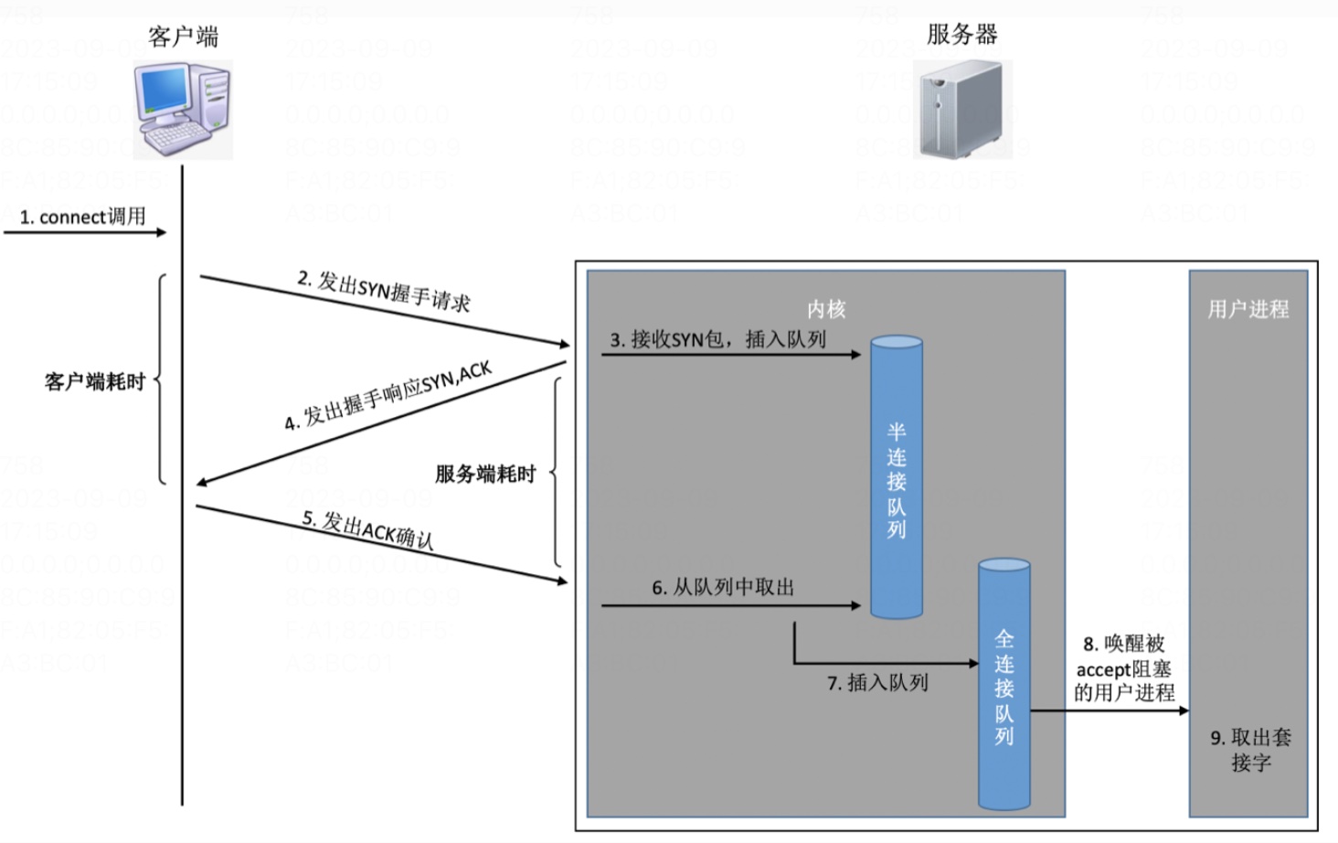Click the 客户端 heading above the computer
pyautogui.click(x=183, y=37)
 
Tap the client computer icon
pyautogui.click(x=183, y=110)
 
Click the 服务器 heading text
pyautogui.click(x=961, y=35)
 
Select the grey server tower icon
pyautogui.click(x=961, y=110)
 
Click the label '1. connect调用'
pyautogui.click(x=83, y=217)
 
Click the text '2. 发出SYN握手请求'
pyautogui.click(x=384, y=291)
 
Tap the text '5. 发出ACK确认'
pyautogui.click(x=368, y=529)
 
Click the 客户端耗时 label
pyautogui.click(x=95, y=381)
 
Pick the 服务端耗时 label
pyautogui.click(x=484, y=474)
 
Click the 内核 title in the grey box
pyautogui.click(x=826, y=309)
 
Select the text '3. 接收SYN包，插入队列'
pyautogui.click(x=718, y=339)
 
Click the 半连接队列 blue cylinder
pyautogui.click(x=896, y=478)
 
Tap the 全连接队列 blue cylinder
pyautogui.click(x=1003, y=686)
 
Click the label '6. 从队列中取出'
pyautogui.click(x=723, y=587)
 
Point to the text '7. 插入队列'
pyautogui.click(x=877, y=682)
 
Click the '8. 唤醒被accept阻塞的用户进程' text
pyautogui.click(x=1124, y=668)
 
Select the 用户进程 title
pyautogui.click(x=1248, y=309)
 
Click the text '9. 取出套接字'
pyautogui.click(x=1250, y=749)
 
